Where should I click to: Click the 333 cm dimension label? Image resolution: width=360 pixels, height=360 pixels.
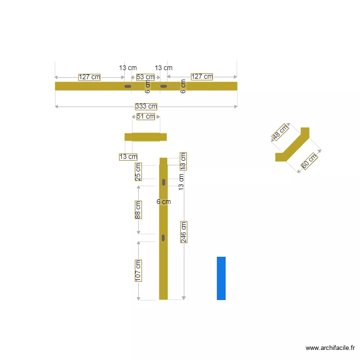pyautogui.click(x=146, y=107)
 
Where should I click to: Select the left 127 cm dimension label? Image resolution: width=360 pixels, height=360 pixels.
pyautogui.click(x=89, y=77)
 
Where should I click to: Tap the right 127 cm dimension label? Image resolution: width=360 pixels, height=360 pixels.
pyautogui.click(x=202, y=77)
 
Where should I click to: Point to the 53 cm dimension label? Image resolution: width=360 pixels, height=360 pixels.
pyautogui.click(x=145, y=77)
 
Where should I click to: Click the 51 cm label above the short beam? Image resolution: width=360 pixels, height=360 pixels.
pyautogui.click(x=145, y=116)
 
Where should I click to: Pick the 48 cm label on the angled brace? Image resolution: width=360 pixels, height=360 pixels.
pyautogui.click(x=280, y=132)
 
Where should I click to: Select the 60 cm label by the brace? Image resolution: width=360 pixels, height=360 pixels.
pyautogui.click(x=309, y=161)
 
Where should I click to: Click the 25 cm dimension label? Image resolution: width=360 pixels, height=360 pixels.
pyautogui.click(x=138, y=172)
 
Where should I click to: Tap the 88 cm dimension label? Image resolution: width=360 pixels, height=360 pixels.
pyautogui.click(x=138, y=210)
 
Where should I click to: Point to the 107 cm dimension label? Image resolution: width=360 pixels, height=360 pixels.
pyautogui.click(x=138, y=270)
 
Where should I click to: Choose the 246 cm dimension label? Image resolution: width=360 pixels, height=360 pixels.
pyautogui.click(x=184, y=232)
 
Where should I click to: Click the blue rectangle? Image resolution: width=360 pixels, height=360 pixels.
pyautogui.click(x=221, y=278)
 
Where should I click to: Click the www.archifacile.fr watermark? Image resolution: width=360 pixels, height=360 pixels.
pyautogui.click(x=331, y=348)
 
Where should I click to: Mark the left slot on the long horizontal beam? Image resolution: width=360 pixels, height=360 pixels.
pyautogui.click(x=128, y=86)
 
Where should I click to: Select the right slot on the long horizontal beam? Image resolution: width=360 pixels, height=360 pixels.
pyautogui.click(x=164, y=86)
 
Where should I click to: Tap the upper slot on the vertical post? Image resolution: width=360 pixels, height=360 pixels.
pyautogui.click(x=164, y=182)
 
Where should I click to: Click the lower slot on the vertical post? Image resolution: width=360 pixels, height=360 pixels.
pyautogui.click(x=164, y=238)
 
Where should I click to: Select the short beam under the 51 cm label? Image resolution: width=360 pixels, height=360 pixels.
pyautogui.click(x=145, y=137)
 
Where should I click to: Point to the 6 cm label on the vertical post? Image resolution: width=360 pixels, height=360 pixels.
pyautogui.click(x=164, y=202)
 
